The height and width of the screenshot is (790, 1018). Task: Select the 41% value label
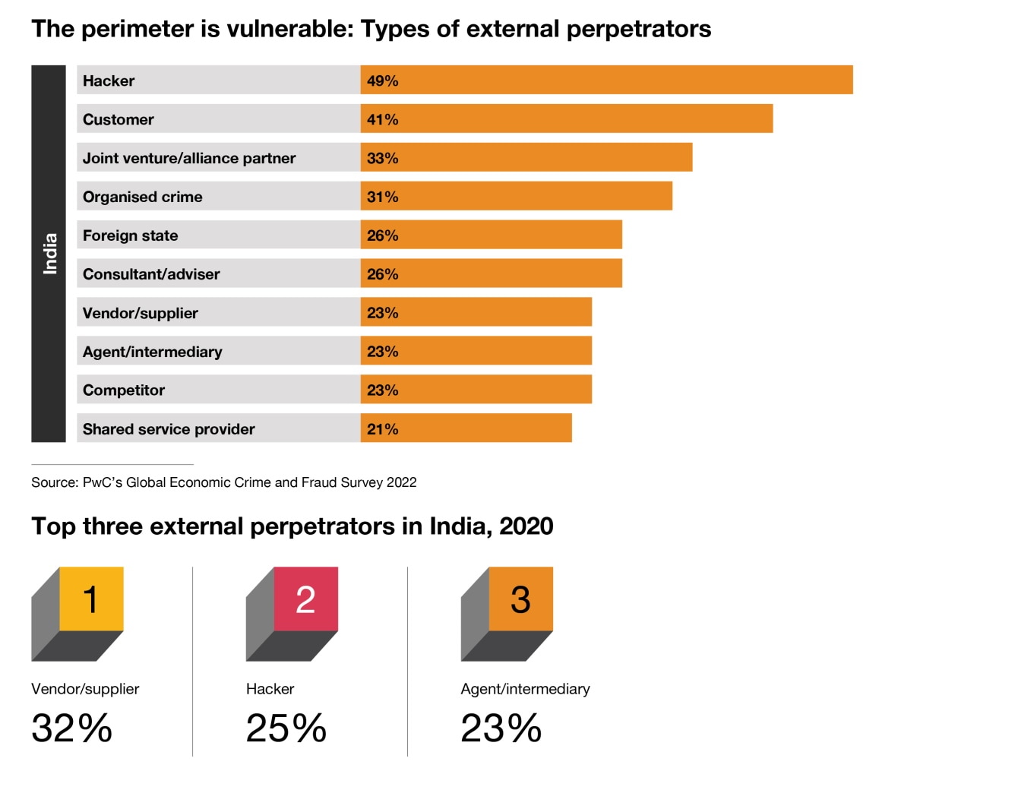(382, 119)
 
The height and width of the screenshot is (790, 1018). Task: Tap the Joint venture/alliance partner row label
(189, 158)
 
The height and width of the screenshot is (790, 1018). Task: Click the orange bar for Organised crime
(517, 196)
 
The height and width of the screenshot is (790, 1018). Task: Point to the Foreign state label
(130, 235)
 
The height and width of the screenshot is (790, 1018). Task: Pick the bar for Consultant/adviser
(491, 273)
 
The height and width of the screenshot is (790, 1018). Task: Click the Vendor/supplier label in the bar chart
(140, 313)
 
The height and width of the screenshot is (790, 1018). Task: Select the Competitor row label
(123, 390)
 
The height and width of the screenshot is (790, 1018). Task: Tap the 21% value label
(382, 429)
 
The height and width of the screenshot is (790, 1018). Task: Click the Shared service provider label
(169, 429)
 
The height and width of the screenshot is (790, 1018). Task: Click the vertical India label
(49, 253)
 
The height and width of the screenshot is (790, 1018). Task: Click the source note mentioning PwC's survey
(223, 482)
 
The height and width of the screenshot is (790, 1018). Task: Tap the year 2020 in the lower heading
(526, 526)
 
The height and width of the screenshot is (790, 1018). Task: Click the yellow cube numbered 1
(90, 599)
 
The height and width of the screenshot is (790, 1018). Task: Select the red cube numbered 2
(305, 599)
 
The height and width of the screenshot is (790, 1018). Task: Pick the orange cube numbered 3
(520, 599)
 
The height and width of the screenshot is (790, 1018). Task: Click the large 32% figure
(71, 728)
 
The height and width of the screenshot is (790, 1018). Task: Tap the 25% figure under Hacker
(286, 728)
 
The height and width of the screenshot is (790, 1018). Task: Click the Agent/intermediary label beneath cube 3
(525, 689)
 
